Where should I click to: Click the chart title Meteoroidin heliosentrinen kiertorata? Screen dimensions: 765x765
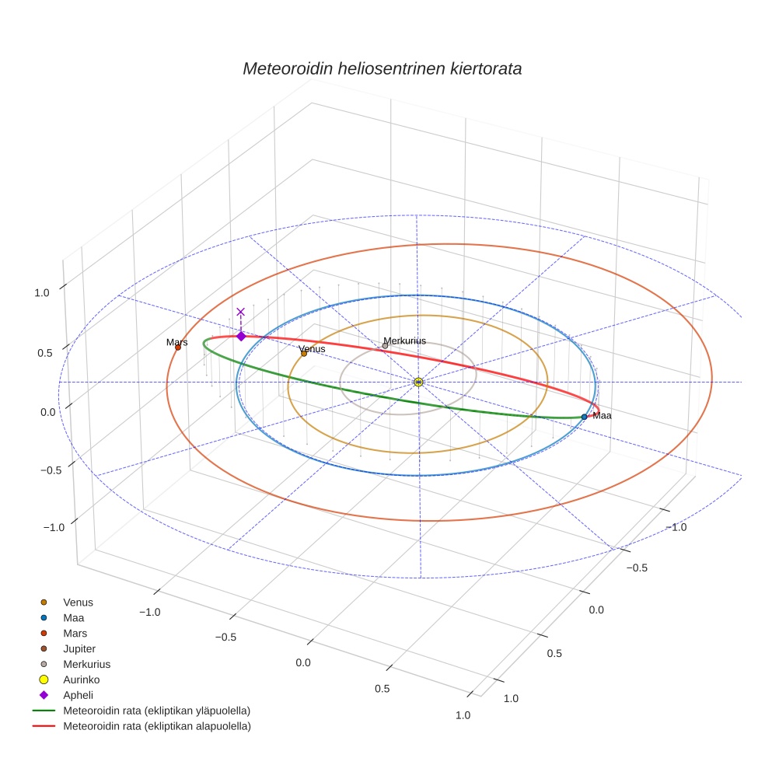(382, 68)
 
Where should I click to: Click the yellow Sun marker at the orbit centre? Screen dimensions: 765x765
(418, 382)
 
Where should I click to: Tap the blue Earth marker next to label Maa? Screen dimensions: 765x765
(584, 417)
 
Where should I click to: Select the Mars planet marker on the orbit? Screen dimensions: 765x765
(178, 348)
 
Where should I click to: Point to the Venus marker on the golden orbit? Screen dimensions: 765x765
(304, 354)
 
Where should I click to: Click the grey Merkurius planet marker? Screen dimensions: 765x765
(385, 346)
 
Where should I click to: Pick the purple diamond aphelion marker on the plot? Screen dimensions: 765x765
(241, 337)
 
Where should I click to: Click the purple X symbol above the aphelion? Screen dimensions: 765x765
(240, 312)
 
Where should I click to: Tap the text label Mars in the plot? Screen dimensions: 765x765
(176, 342)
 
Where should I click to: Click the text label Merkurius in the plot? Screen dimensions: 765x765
(404, 341)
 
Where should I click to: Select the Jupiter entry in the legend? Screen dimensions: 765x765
(79, 648)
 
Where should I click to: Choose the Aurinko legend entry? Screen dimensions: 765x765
(81, 679)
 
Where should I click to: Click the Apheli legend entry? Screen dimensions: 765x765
(78, 695)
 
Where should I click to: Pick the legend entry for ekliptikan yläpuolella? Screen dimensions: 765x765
(156, 711)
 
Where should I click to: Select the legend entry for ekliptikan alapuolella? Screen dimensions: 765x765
(156, 726)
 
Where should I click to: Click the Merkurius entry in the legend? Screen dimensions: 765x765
(86, 664)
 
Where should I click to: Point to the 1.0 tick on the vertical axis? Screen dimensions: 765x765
(42, 292)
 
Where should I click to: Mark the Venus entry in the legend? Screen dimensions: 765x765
(78, 602)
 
